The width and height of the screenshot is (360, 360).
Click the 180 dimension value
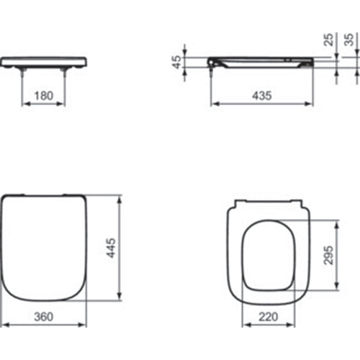45,96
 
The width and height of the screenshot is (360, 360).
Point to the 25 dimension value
329,40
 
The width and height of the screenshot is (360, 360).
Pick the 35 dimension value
349,40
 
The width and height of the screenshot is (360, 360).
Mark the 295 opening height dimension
328,253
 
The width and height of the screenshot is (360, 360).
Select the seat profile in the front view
45,63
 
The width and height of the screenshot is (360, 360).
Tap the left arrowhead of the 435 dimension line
213,104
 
